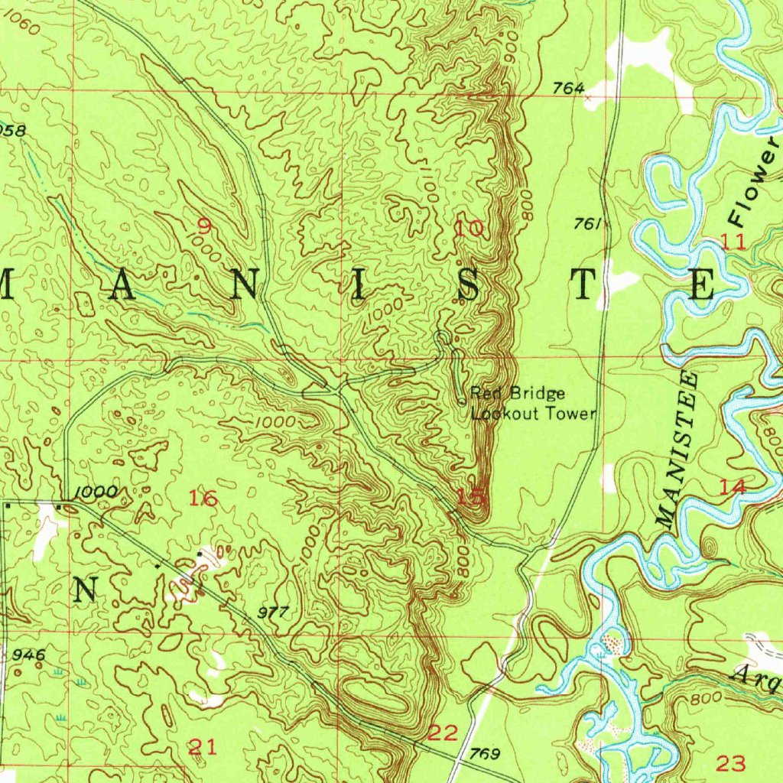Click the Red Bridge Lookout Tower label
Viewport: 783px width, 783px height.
[x=532, y=404]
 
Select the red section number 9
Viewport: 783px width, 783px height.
[x=203, y=226]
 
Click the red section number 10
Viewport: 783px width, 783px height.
[x=469, y=227]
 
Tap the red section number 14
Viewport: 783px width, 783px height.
[x=732, y=487]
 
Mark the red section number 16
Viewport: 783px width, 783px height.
[x=203, y=499]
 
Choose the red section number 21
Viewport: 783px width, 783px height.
[x=202, y=747]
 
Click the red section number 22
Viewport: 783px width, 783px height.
[x=443, y=734]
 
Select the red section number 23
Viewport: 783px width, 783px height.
[x=730, y=762]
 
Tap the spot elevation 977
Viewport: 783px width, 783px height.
[x=273, y=612]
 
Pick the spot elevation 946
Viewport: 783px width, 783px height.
[x=28, y=655]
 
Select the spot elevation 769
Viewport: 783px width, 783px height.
[x=485, y=755]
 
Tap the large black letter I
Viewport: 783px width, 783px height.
[x=356, y=286]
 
